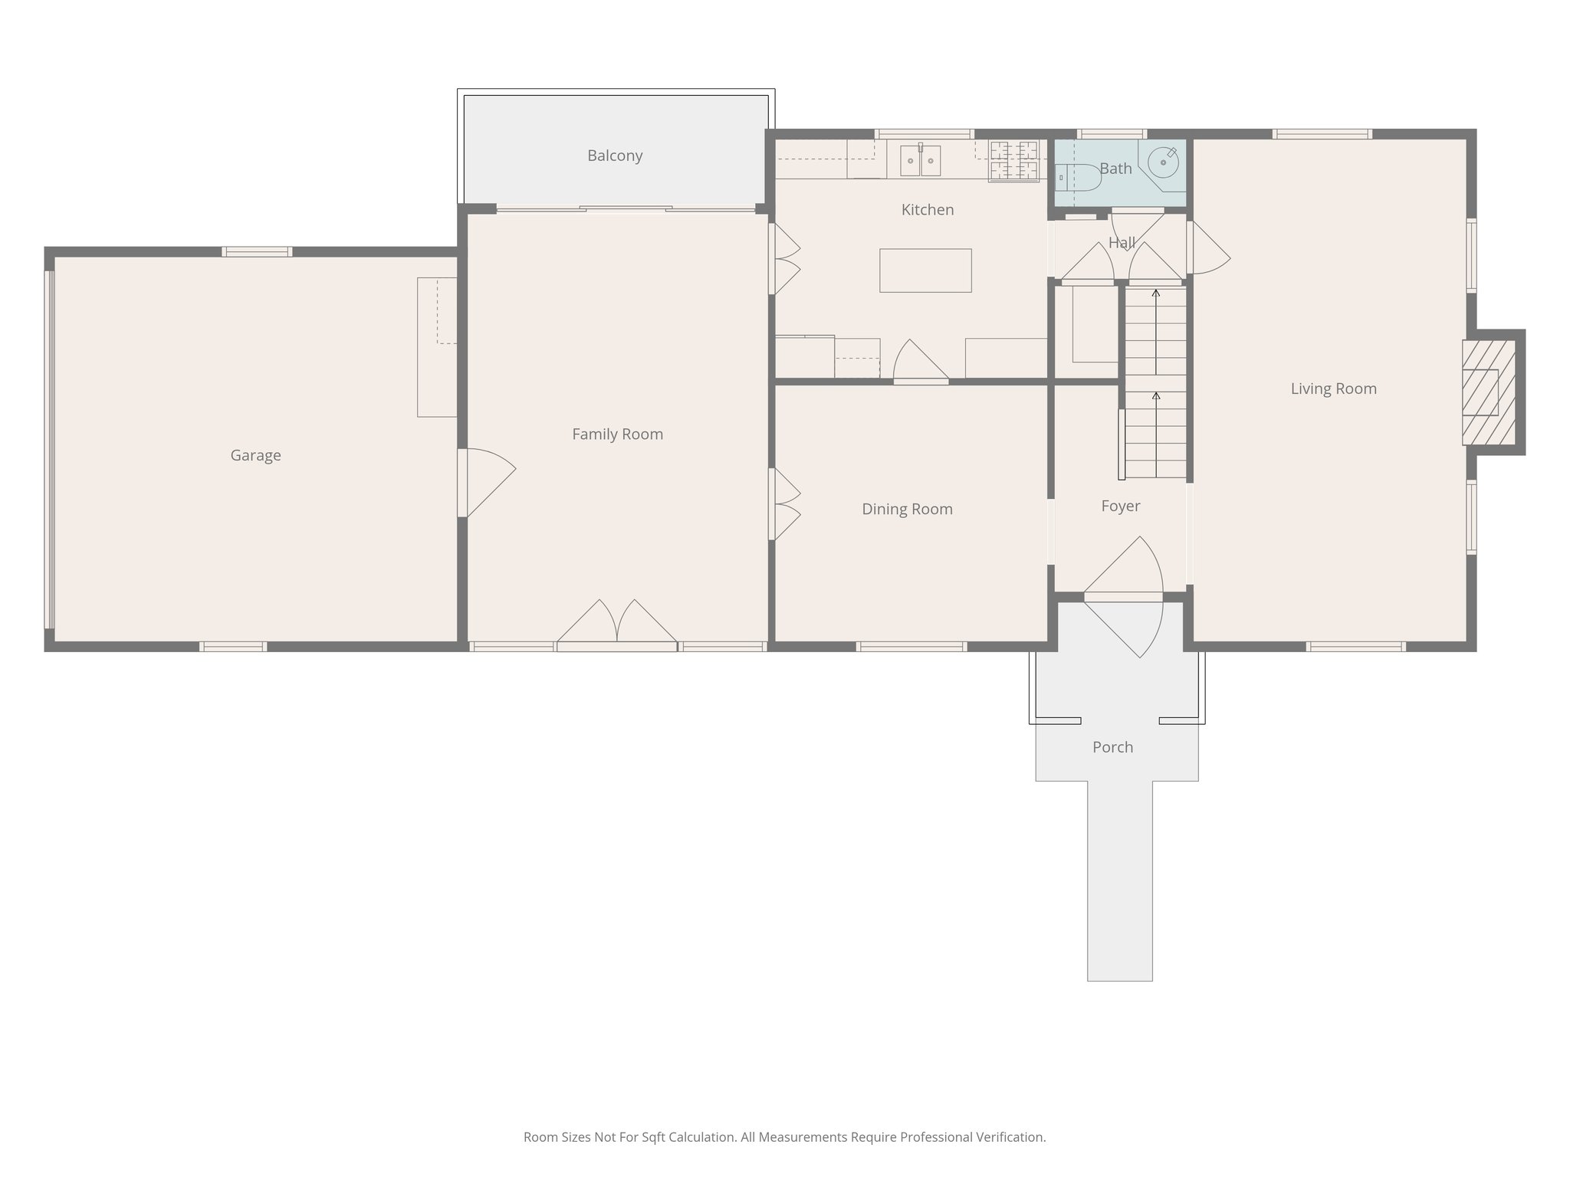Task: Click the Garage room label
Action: (255, 455)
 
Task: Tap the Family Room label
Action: (617, 434)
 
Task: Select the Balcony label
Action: (615, 156)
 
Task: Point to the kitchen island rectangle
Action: (925, 270)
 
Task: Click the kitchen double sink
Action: (920, 160)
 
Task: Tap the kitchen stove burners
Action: (1013, 160)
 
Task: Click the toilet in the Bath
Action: (1076, 177)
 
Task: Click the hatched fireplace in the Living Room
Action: (1489, 392)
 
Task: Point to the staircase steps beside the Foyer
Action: (1155, 383)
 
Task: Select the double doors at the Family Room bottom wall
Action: (617, 625)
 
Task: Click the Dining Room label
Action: (907, 510)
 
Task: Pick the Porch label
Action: (1112, 747)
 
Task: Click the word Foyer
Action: (1120, 507)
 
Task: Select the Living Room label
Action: (1333, 389)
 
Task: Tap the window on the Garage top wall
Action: (257, 251)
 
